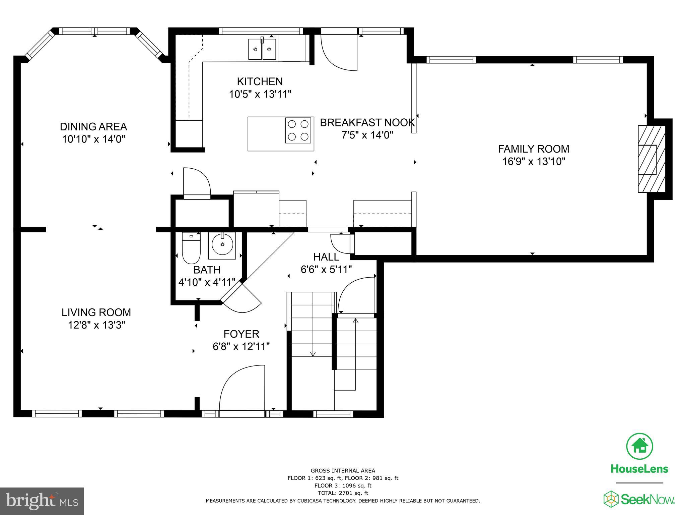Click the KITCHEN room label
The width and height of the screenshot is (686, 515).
260,81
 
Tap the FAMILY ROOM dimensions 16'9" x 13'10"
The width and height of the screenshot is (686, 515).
534,162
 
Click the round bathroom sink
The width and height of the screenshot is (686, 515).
222,245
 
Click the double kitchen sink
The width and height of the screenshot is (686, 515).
262,49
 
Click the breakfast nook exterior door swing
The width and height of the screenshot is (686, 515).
339,52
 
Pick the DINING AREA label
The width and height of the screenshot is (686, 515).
93,127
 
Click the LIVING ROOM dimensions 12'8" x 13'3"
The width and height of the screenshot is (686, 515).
96,325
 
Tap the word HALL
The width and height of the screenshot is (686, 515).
326,257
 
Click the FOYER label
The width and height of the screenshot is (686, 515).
241,334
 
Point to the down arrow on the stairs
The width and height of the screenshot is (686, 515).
313,353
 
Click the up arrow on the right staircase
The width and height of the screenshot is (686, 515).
355,321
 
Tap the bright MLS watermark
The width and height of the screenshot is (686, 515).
42,501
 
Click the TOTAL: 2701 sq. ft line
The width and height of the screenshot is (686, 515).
343,493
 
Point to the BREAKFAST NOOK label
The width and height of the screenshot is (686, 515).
367,123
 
